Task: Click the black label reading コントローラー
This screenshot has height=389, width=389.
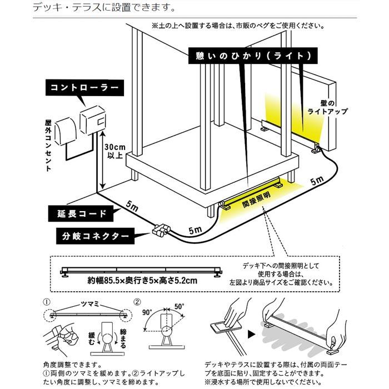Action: click(x=84, y=87)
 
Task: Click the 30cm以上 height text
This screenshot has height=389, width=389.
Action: click(x=115, y=151)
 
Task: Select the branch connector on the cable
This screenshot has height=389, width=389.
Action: click(x=160, y=229)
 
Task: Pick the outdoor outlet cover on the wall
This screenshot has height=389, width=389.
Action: click(x=67, y=129)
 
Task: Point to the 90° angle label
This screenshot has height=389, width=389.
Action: click(x=147, y=313)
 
